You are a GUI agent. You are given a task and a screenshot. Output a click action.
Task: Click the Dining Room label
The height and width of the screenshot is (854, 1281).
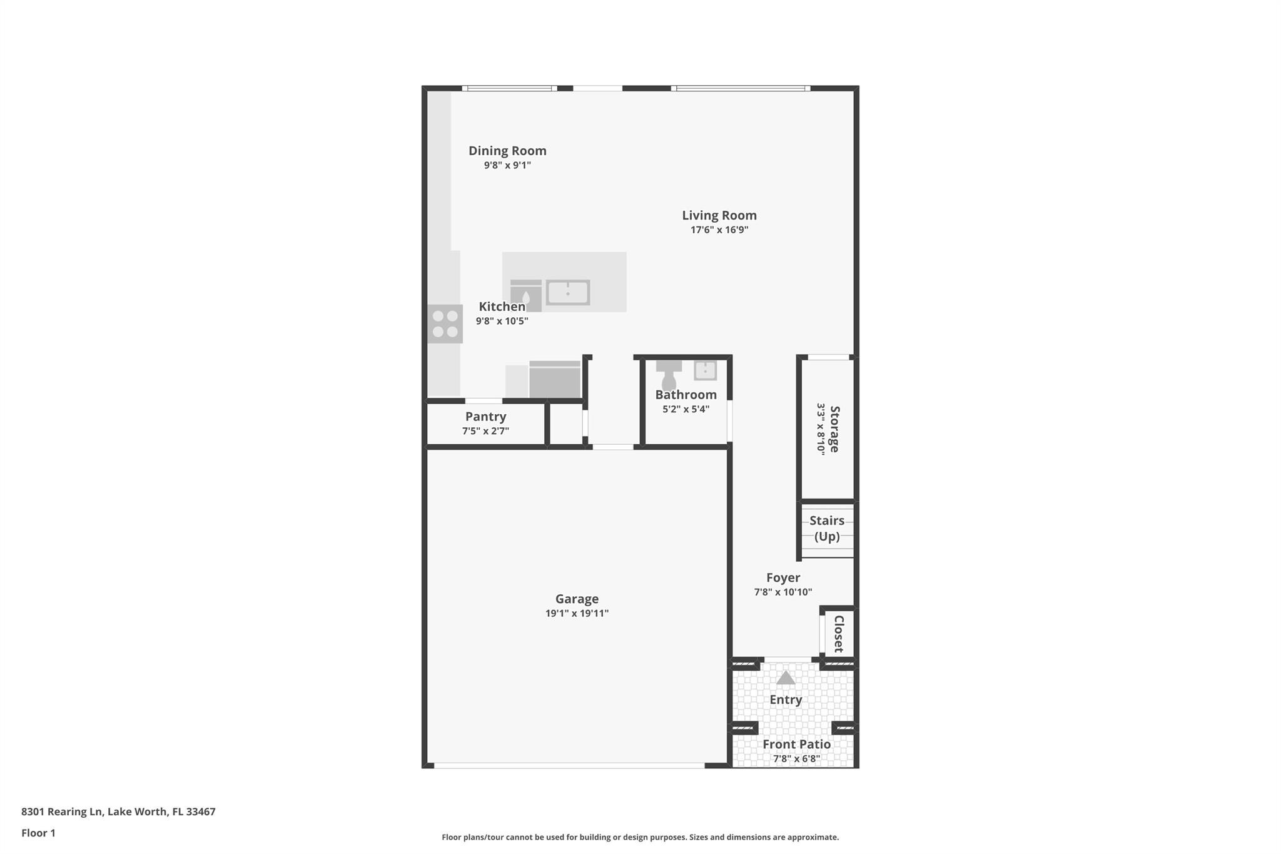(507, 151)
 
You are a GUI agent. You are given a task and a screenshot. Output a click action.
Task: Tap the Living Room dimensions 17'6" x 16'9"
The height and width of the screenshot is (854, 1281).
(719, 230)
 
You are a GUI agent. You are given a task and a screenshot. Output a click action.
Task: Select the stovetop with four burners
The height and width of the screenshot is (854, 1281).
(445, 323)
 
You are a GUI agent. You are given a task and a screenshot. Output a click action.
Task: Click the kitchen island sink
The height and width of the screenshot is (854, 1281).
(567, 292)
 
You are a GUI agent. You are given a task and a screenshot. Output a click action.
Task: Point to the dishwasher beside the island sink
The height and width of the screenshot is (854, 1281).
(525, 295)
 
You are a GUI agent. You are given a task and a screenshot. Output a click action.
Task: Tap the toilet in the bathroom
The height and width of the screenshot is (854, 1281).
(669, 374)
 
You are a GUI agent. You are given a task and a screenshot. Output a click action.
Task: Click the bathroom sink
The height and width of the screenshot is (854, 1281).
(705, 370)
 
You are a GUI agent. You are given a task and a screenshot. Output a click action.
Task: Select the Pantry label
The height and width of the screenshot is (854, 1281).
(485, 417)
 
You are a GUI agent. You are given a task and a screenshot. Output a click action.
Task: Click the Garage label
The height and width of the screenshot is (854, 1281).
(577, 599)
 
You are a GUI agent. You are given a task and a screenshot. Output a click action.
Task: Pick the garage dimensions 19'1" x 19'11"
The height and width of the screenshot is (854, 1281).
(577, 613)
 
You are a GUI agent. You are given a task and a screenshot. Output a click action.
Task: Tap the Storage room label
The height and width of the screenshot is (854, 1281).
(834, 429)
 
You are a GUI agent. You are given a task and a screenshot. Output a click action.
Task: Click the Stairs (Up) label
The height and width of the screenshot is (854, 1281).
(827, 528)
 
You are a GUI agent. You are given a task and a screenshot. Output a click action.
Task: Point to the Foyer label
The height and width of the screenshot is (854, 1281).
(783, 577)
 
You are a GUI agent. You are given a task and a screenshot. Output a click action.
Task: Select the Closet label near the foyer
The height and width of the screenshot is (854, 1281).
(839, 633)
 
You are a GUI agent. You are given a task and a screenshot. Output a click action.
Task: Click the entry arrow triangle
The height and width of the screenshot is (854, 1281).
(786, 678)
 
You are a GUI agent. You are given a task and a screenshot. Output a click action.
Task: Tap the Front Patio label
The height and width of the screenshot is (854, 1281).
(796, 745)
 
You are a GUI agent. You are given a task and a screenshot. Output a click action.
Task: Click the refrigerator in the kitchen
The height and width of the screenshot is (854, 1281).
(555, 379)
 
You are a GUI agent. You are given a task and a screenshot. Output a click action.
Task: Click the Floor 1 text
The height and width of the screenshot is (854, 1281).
(38, 833)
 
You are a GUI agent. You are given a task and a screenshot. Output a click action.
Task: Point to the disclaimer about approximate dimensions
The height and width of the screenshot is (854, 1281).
(640, 837)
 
